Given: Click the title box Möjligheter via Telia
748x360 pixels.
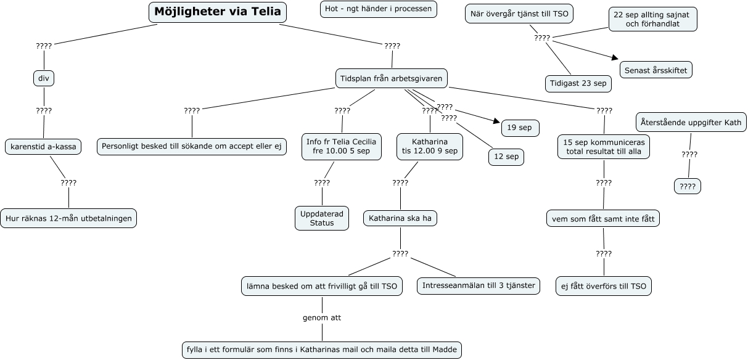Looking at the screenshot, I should (x=218, y=12).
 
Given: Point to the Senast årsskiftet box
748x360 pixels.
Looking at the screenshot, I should (x=656, y=70).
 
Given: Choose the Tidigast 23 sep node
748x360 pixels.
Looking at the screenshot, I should (x=578, y=83).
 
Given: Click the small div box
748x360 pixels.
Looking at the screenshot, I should (x=44, y=78).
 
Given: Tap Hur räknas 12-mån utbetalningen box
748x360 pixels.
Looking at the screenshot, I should (x=68, y=218).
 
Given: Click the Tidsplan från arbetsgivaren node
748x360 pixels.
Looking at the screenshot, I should (x=392, y=78).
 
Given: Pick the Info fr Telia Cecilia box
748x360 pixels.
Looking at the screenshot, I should (x=341, y=146).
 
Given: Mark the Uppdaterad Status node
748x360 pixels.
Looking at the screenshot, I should (x=322, y=218).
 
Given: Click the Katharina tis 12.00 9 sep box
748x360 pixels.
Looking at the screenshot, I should (x=429, y=146).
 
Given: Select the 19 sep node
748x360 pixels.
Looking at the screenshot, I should (x=520, y=128).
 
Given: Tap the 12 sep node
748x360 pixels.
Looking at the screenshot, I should (x=506, y=157).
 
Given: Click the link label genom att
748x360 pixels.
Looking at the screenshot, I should (x=322, y=318).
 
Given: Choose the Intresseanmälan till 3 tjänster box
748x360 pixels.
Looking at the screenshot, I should (x=479, y=286).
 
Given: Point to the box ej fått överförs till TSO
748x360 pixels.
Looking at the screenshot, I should (x=604, y=286).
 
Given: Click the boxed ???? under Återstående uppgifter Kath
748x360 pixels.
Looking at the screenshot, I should (x=688, y=186).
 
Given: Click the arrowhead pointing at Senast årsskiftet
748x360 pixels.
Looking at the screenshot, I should (x=615, y=58).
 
